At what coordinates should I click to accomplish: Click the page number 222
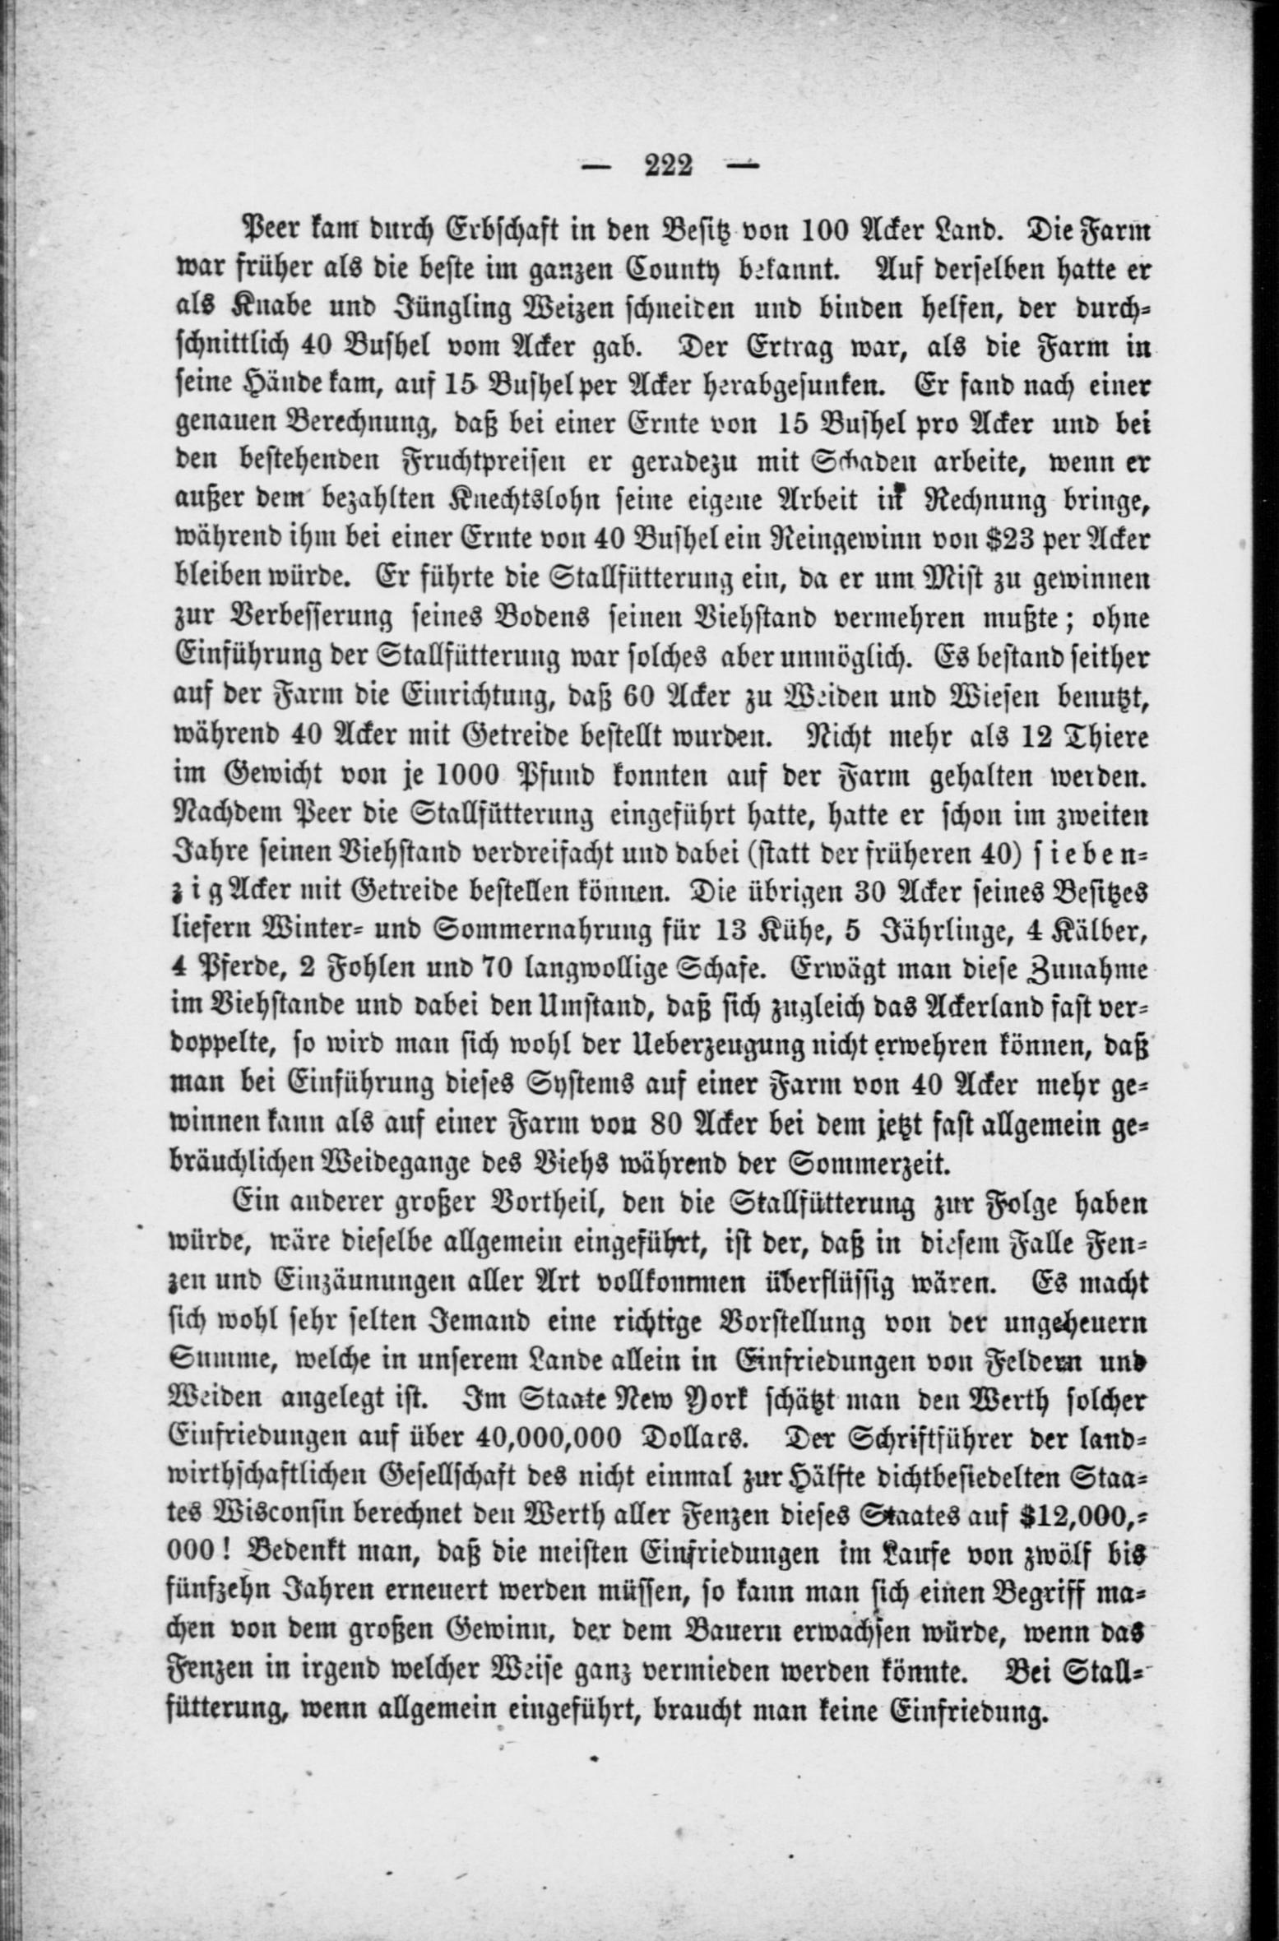(668, 166)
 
